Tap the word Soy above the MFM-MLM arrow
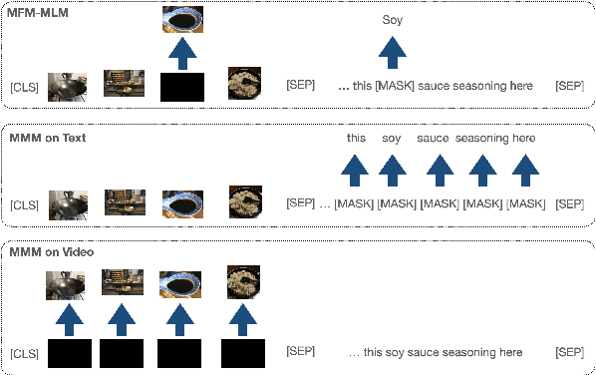393,19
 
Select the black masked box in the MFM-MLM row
182,87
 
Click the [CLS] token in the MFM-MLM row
26,87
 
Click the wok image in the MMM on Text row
67,203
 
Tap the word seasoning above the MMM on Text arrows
481,139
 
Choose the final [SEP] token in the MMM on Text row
569,203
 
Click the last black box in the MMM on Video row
242,353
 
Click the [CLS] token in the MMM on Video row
26,353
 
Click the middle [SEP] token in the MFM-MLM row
300,87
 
